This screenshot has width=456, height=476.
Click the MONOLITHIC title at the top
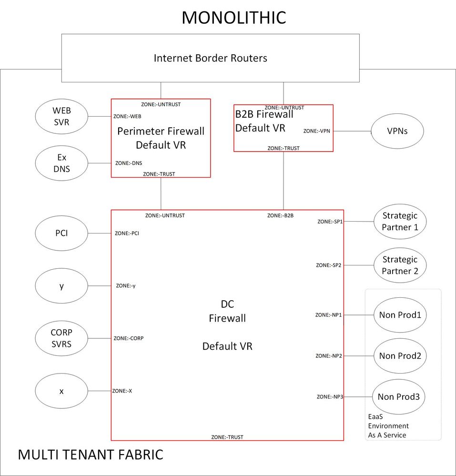point(233,18)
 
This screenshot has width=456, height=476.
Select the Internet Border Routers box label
point(210,58)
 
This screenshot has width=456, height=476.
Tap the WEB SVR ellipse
point(61,116)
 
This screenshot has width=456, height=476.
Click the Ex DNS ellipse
point(61,163)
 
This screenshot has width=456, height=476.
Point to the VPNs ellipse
point(397,131)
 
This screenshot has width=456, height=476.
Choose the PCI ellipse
point(61,233)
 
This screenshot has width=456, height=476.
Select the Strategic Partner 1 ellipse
point(400,222)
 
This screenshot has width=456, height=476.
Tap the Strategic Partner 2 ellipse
point(400,265)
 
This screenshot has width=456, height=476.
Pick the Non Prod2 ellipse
point(400,356)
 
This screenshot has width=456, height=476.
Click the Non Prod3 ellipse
point(399,396)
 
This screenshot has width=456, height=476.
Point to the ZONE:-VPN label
point(316,131)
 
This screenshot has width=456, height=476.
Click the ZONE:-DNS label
point(129,163)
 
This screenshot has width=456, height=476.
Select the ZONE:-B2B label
point(280,215)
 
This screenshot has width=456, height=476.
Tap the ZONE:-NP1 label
point(329,315)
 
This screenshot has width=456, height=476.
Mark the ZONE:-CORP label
point(128,338)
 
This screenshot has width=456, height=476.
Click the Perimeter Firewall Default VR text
point(161,138)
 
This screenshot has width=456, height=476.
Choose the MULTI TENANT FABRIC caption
point(91,455)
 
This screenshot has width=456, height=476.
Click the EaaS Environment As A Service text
point(388,425)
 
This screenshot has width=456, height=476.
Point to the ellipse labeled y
point(61,286)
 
